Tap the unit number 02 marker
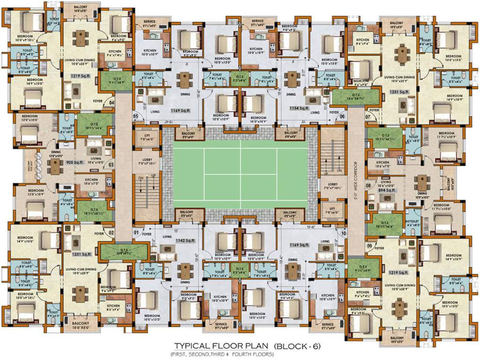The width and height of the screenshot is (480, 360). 112,232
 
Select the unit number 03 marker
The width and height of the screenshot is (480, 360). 111,165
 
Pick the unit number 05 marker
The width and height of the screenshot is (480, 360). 136,116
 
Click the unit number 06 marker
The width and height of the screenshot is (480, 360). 343,116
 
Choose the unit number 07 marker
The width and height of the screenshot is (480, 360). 368,116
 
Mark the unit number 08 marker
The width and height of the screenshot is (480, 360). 368,186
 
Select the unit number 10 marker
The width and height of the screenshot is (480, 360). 343,232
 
